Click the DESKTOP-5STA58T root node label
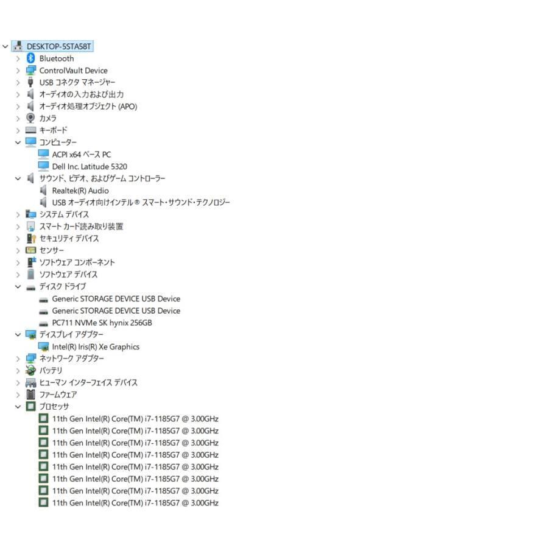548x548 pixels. [x=58, y=46]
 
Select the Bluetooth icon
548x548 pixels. [x=31, y=58]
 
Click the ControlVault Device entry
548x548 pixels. [x=74, y=71]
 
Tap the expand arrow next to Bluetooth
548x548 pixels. [x=18, y=58]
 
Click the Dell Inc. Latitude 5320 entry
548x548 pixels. [x=90, y=167]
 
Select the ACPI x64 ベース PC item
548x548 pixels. [x=82, y=155]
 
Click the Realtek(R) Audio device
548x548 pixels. [x=80, y=191]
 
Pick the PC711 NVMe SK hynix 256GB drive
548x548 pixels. [x=102, y=323]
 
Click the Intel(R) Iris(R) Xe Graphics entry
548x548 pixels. [x=96, y=347]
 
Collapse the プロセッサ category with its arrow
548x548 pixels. [x=18, y=407]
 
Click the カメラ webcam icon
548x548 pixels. [x=31, y=118]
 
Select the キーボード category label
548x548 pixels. [x=53, y=130]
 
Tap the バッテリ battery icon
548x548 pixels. [x=31, y=370]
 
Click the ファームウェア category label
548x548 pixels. [x=58, y=395]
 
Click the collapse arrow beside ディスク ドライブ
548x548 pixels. [x=18, y=287]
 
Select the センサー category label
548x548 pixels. [x=51, y=251]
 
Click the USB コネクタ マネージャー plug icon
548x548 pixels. [x=30, y=82]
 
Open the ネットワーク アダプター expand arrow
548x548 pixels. [x=18, y=359]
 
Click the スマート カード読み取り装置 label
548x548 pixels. [x=81, y=227]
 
